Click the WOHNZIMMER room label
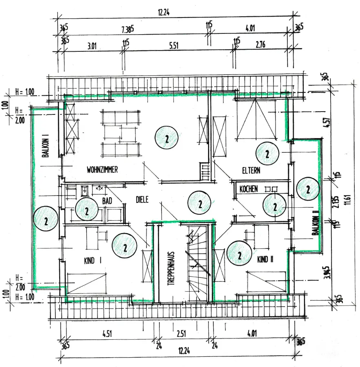click(102, 170)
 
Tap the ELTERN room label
click(251, 171)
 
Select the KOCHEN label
click(248, 189)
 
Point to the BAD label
click(107, 200)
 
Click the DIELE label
click(142, 200)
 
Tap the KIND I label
click(93, 261)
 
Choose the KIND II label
click(265, 259)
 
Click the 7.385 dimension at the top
click(128, 30)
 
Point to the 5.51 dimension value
click(174, 46)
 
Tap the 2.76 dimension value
click(260, 45)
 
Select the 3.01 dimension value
click(92, 46)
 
